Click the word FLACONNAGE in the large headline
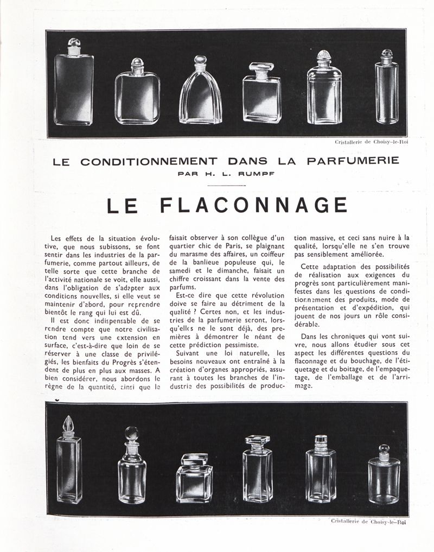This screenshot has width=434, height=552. coord(254,205)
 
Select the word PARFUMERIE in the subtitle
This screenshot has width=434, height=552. coord(353,161)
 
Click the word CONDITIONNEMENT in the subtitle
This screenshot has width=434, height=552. coord(149,161)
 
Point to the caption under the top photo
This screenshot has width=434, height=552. coord(372,142)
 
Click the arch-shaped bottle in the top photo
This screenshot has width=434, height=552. coord(201,98)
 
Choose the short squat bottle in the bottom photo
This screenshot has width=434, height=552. coord(194,473)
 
